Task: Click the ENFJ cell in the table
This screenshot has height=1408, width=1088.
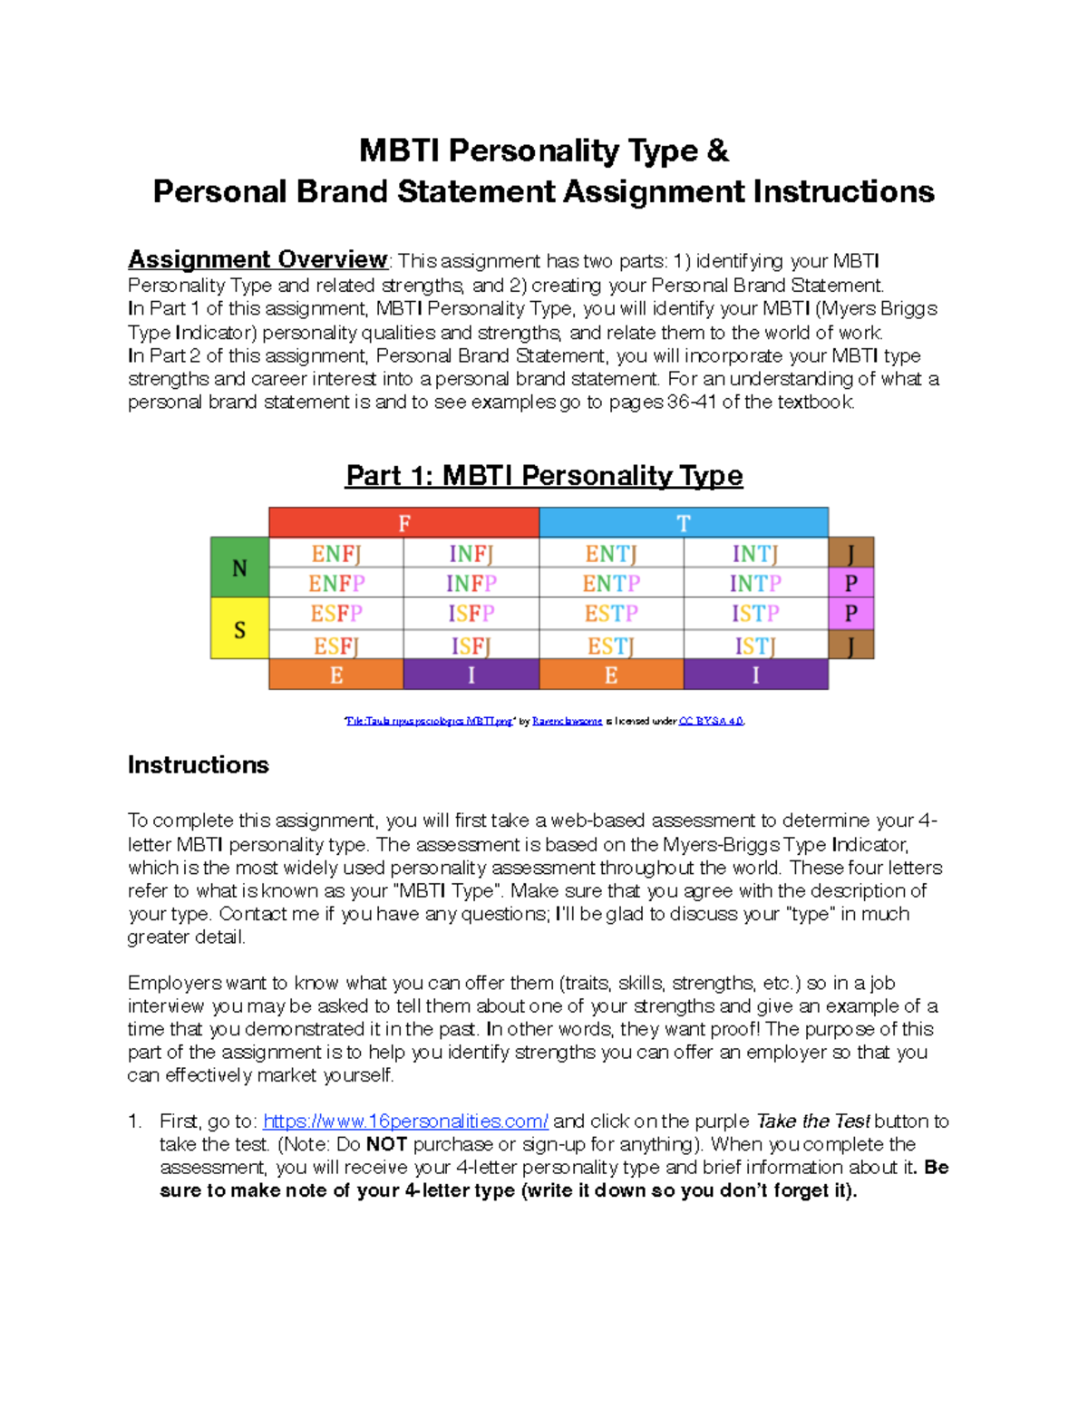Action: click(x=336, y=553)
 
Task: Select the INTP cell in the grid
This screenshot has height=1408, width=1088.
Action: click(x=755, y=583)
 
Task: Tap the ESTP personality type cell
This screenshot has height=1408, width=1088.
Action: click(x=611, y=614)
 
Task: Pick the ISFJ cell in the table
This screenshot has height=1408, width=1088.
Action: click(x=471, y=646)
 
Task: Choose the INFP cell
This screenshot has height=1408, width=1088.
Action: click(x=471, y=583)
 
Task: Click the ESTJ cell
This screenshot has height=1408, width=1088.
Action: click(x=611, y=646)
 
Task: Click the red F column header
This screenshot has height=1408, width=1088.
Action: click(x=404, y=522)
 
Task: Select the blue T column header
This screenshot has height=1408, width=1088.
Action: click(x=684, y=522)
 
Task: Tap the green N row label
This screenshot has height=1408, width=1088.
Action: click(x=239, y=568)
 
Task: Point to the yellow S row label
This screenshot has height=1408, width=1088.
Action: click(x=239, y=628)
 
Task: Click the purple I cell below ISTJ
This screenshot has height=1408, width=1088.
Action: click(x=755, y=675)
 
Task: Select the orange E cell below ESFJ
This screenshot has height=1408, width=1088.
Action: click(x=336, y=675)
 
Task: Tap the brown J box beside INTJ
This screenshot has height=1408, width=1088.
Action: click(x=851, y=552)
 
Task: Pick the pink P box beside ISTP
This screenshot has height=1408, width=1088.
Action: click(x=851, y=614)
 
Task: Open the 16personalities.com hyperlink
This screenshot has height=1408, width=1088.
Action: click(x=405, y=1122)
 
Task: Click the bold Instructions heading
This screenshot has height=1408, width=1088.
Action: click(x=198, y=765)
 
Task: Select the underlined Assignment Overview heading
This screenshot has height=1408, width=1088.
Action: click(x=257, y=259)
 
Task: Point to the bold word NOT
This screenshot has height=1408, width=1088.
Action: click(x=385, y=1144)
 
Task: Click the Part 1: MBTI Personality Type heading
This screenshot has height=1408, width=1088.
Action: click(x=544, y=475)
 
